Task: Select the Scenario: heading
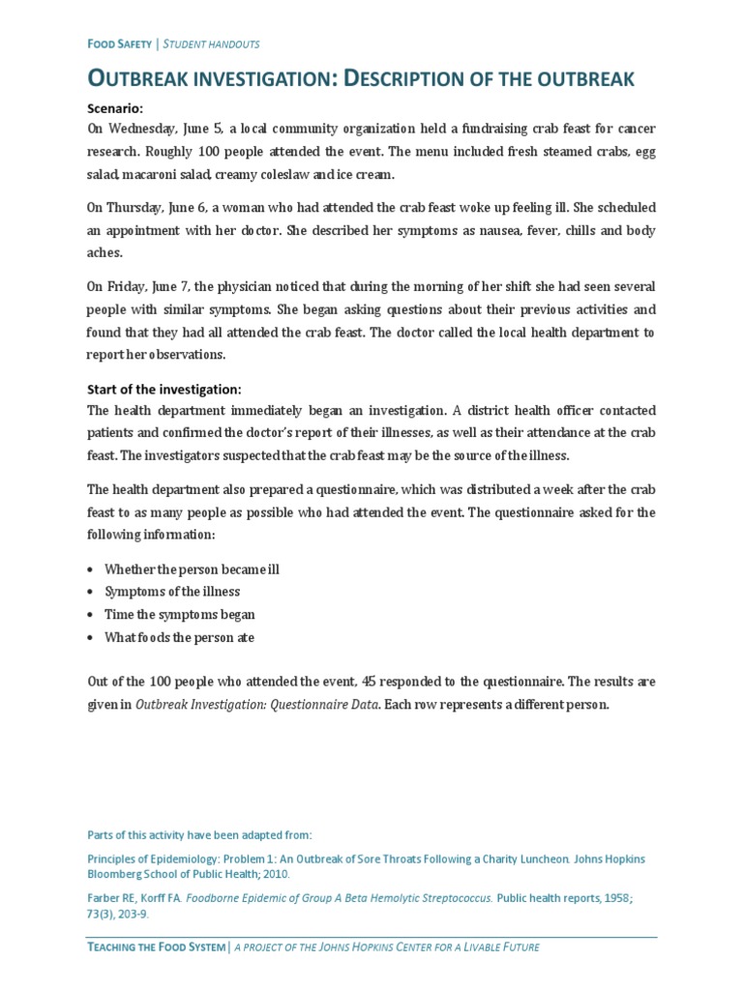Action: pos(115,109)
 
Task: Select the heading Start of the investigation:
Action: pos(163,389)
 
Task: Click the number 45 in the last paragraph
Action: pos(388,682)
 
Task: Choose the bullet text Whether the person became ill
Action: pos(192,568)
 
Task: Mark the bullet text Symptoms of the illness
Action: pos(172,592)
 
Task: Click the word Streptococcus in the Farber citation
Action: pos(451,898)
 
